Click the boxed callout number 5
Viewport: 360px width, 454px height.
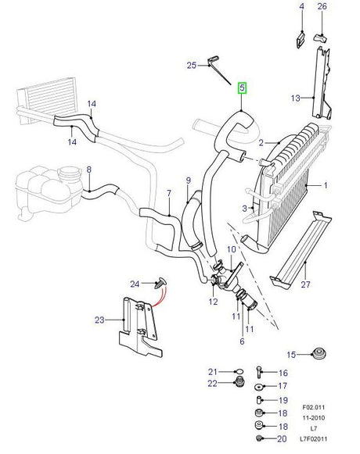tap(242, 89)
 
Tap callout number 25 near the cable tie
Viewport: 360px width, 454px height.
tap(192, 66)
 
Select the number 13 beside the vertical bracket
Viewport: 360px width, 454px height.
tap(295, 98)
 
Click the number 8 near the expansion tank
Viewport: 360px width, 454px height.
tap(88, 170)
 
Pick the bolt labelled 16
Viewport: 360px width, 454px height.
tap(261, 373)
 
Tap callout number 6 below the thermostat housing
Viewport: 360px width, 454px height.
tap(241, 341)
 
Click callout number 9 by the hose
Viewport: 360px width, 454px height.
tap(188, 181)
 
